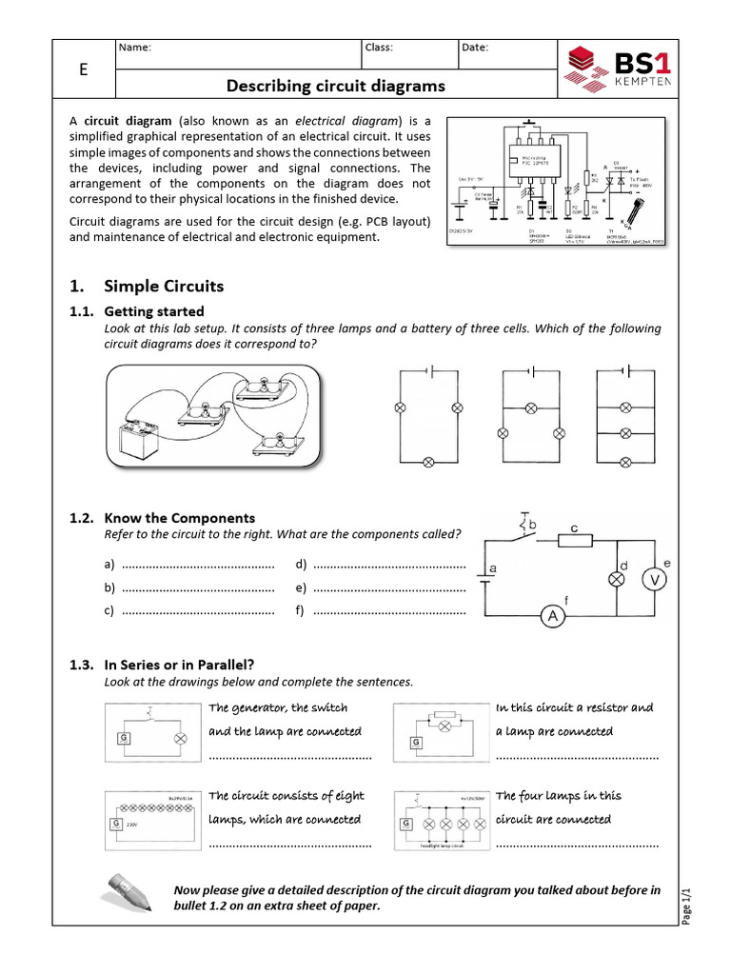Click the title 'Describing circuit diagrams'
335,87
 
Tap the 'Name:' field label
135,48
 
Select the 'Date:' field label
475,48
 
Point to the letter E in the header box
84,70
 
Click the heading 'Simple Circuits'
164,286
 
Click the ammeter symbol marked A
552,618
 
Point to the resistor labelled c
574,541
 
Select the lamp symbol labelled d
615,579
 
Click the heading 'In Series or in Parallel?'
179,665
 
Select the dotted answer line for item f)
388,610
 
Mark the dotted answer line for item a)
198,565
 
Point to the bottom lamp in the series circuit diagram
428,462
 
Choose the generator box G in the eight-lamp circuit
116,826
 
